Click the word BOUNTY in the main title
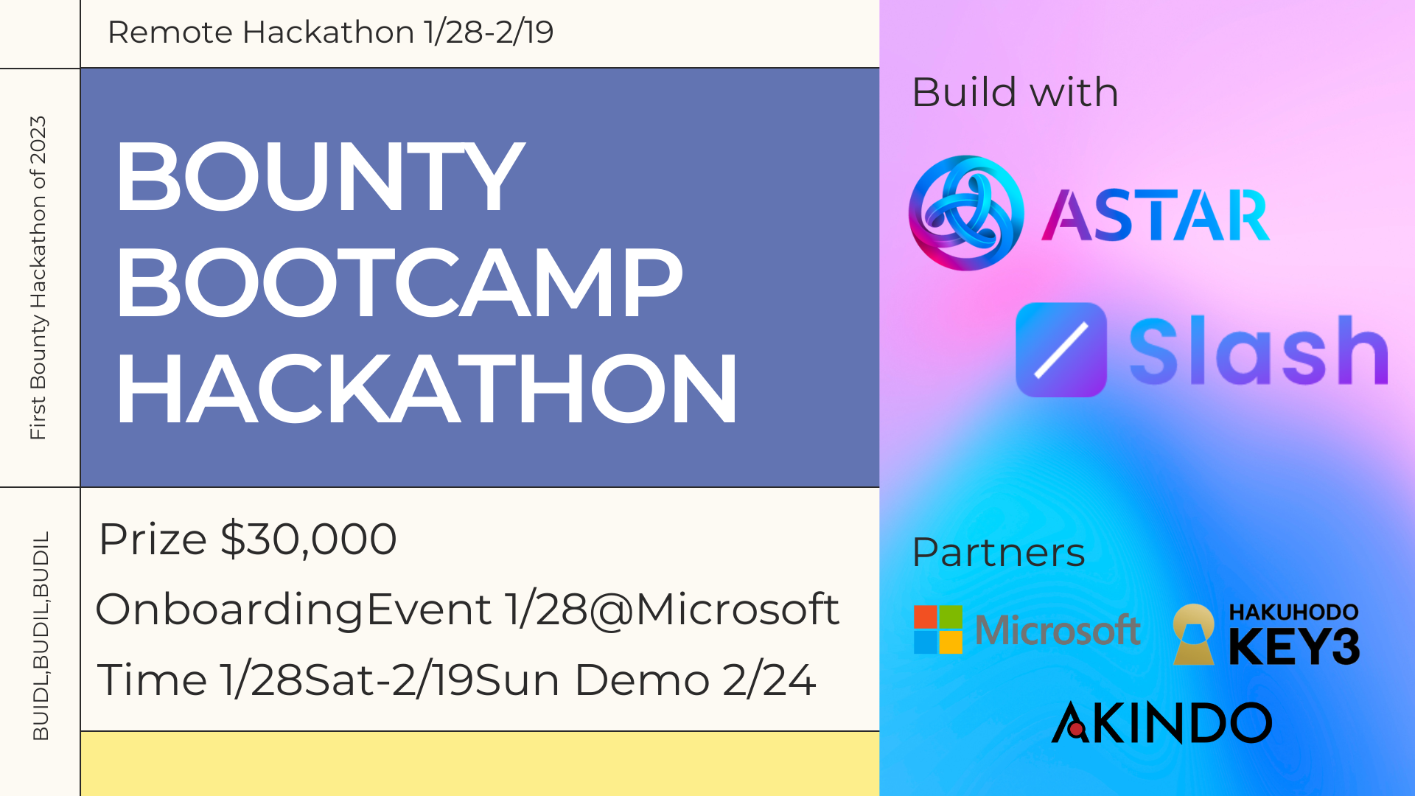320,177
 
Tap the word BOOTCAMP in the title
399,283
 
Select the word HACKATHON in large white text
427,388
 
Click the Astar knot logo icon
966,213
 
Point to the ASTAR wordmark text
1156,215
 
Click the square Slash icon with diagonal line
1061,350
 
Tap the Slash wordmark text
1259,350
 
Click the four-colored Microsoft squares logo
937,629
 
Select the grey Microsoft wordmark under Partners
1058,630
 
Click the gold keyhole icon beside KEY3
1194,635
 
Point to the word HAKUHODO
1293,612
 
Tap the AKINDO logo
1161,722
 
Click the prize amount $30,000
309,539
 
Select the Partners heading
999,552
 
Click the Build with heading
1016,92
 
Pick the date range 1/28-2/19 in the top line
489,32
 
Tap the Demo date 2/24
769,680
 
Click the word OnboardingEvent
293,610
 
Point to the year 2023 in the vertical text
38,140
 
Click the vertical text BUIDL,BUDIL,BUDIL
41,635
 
